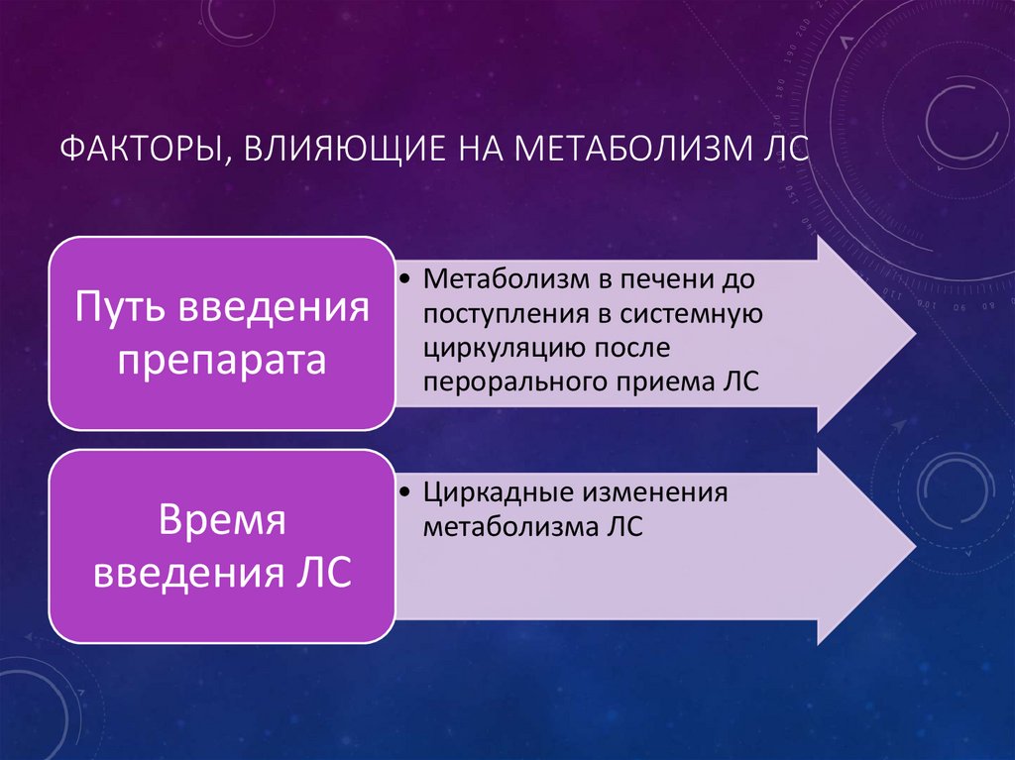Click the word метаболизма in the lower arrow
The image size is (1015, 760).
pyautogui.click(x=508, y=527)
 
